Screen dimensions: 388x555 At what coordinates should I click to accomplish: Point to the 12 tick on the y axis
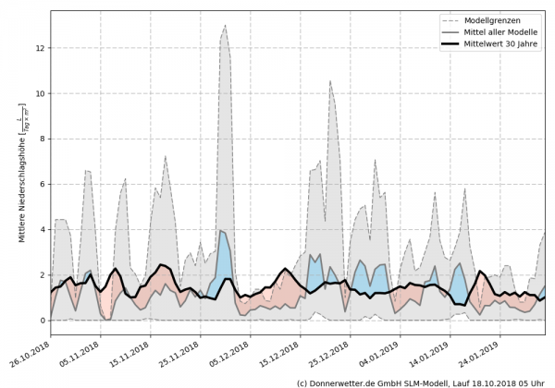point(41,48)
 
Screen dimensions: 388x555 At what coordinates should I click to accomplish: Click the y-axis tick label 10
point(41,93)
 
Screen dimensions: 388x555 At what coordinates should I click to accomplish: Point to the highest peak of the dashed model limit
point(225,26)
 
